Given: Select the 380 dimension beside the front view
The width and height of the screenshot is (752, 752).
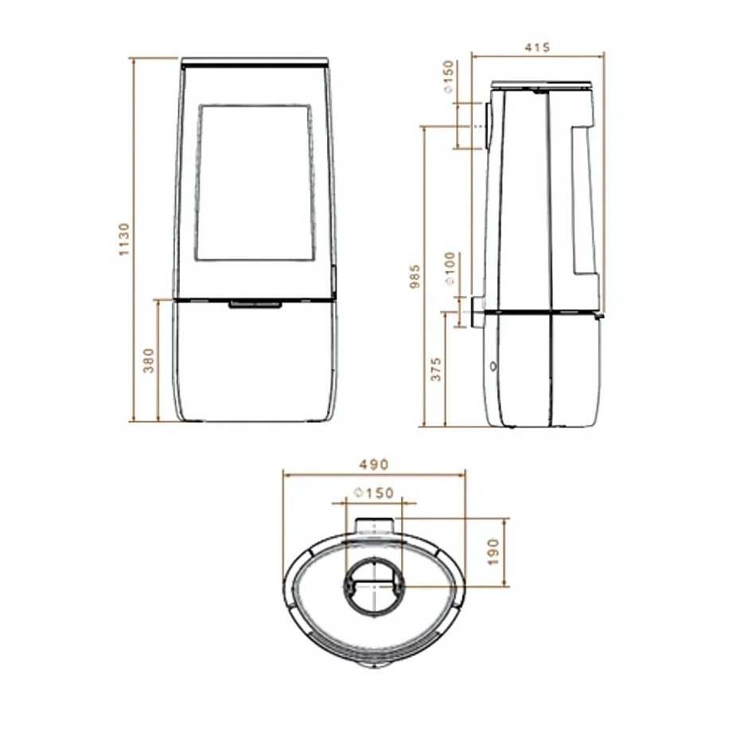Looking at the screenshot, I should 147,360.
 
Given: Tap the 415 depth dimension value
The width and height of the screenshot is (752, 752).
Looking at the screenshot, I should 538,47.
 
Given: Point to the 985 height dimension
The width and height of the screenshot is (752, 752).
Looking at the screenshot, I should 414,276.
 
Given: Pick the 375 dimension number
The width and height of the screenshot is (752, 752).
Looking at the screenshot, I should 435,368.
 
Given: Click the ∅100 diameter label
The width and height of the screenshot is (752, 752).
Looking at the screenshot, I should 450,268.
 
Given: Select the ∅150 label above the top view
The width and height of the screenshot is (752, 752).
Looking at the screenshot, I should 372,493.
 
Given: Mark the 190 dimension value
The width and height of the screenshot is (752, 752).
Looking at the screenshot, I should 493,551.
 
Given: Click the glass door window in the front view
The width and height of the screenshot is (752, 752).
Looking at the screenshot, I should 255,181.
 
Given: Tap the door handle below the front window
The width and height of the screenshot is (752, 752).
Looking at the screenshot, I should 255,304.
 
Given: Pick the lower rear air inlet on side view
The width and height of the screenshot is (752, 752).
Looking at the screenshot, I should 477,312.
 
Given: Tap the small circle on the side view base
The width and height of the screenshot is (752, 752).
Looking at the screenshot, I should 493,367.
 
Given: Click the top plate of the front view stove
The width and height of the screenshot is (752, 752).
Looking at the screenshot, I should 255,61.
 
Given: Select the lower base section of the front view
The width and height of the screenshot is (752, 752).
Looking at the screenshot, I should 255,362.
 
